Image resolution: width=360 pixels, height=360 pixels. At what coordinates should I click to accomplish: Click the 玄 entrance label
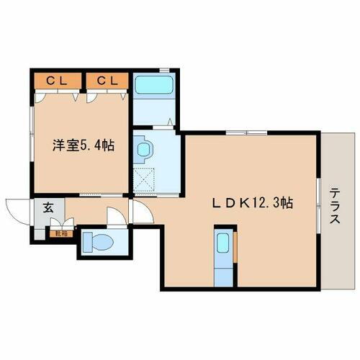point(48,208)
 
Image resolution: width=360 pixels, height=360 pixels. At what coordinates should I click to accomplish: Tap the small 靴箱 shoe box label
point(55,232)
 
